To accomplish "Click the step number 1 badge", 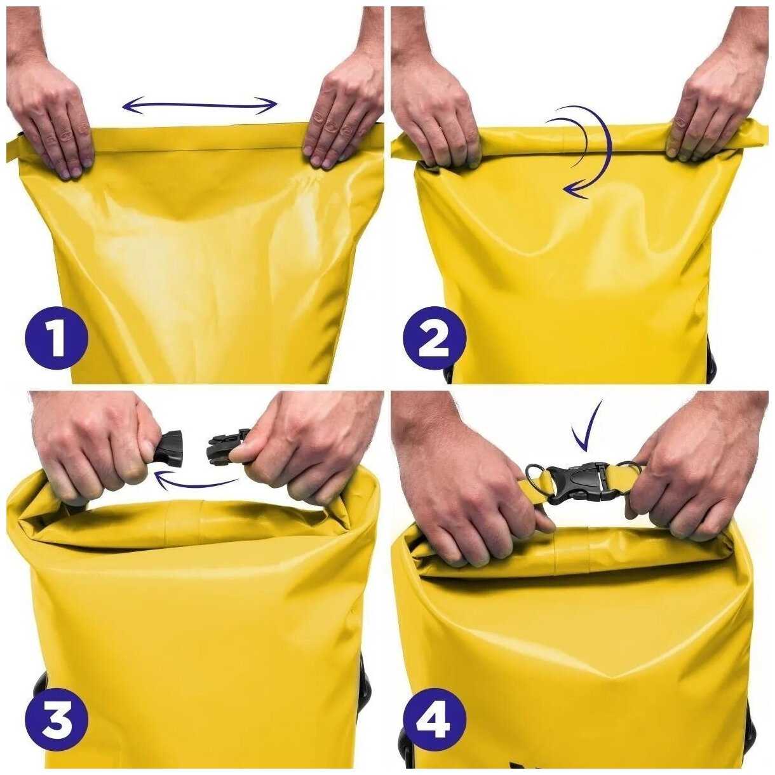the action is pos(57,339).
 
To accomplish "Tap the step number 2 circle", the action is pos(435,339).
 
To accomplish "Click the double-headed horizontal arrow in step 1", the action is pos(200,106).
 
